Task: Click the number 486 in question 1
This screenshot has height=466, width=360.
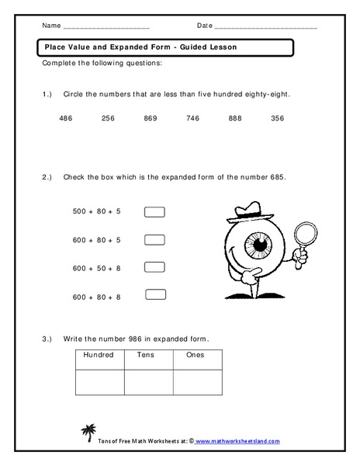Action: click(x=66, y=118)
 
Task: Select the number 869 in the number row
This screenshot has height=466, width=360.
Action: click(x=151, y=118)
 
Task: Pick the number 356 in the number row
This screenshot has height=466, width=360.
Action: click(x=277, y=118)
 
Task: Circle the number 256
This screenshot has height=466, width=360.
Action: click(x=108, y=118)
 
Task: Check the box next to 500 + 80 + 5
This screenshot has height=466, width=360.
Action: click(x=155, y=210)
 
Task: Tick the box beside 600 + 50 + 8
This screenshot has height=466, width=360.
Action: click(x=155, y=266)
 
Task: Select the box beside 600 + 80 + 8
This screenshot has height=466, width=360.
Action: click(x=155, y=294)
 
